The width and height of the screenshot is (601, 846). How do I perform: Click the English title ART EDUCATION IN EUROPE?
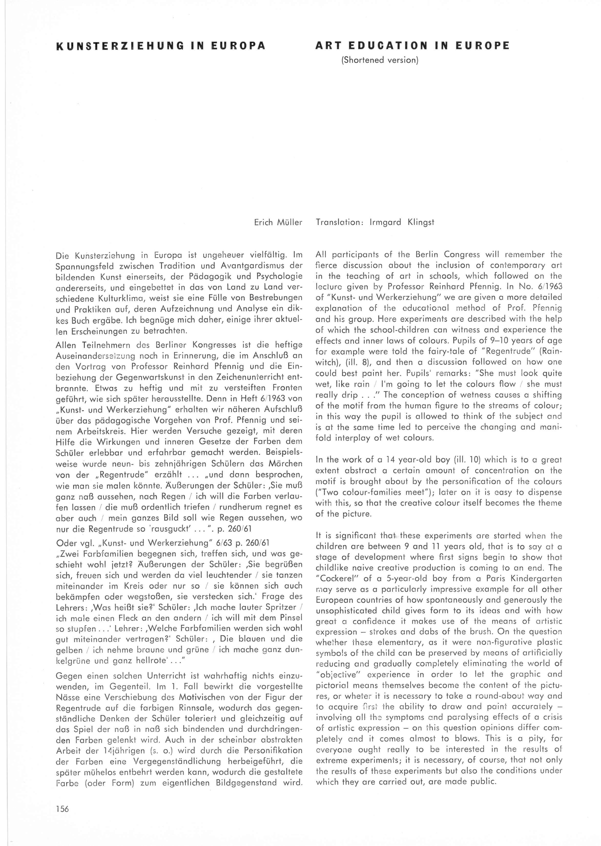412,45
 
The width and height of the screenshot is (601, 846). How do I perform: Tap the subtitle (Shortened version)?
380,60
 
